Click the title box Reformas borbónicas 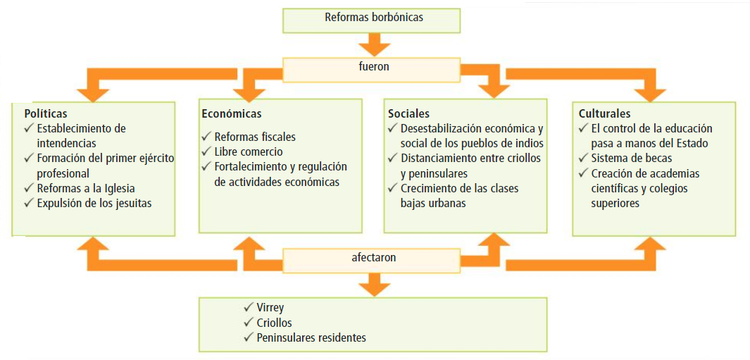[x=374, y=18]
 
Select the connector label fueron [x=373, y=68]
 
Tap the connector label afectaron [x=373, y=258]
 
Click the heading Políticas [x=46, y=113]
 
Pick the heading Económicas [x=231, y=113]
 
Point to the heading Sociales [x=408, y=113]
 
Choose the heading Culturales [x=604, y=113]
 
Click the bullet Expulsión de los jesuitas [x=94, y=203]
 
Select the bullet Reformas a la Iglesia [x=86, y=188]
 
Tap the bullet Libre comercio [x=249, y=151]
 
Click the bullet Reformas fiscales [x=255, y=137]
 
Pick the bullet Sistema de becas [x=631, y=158]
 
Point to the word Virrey [x=270, y=308]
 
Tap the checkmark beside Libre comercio [x=206, y=151]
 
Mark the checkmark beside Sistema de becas [x=582, y=158]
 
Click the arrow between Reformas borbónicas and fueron [x=373, y=45]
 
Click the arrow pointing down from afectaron [x=373, y=285]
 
